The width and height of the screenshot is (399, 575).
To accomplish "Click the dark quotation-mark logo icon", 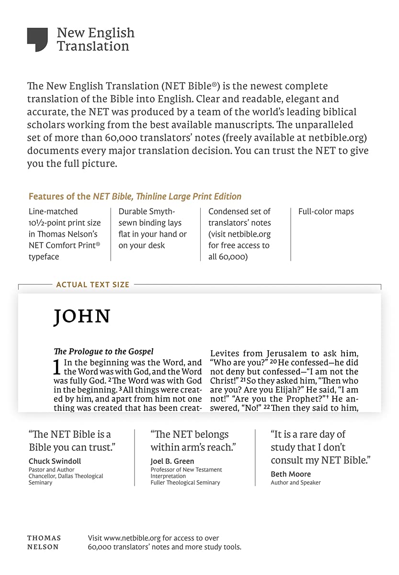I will click(37, 39).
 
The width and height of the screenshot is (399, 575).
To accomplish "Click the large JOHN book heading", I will click(82, 317).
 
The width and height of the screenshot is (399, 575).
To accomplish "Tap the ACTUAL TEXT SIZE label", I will click(92, 285).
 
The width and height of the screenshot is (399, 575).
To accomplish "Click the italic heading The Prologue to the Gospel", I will click(103, 351).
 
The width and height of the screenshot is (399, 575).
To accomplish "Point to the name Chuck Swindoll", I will click(55, 461).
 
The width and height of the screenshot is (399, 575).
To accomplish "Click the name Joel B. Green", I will click(172, 461).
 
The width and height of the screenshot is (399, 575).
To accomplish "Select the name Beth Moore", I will click(291, 474).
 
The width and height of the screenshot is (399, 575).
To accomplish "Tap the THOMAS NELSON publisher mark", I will click(44, 542).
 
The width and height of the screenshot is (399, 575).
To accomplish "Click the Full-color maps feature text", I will click(326, 211).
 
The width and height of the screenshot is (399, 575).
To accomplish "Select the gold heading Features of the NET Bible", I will click(135, 196).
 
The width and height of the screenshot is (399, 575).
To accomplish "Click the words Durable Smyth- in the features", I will click(147, 211).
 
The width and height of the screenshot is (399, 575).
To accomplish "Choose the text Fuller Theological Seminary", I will click(185, 483).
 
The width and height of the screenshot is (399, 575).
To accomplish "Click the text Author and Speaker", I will click(296, 483).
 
